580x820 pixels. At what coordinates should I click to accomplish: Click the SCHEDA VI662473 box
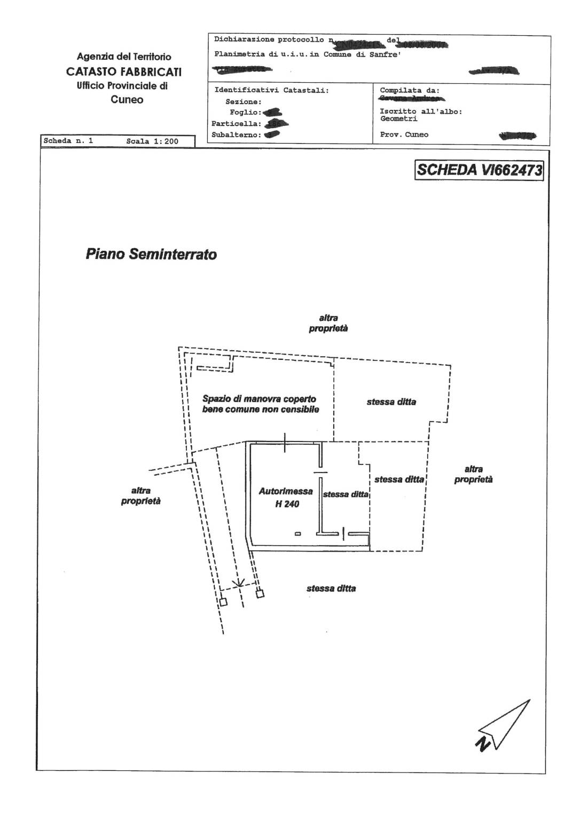point(479,170)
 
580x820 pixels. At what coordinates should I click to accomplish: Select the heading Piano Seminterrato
point(151,254)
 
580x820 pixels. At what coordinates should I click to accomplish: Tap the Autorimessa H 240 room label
point(286,497)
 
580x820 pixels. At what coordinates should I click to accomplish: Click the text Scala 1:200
point(152,141)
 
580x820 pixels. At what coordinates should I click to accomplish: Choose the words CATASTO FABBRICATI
point(124,72)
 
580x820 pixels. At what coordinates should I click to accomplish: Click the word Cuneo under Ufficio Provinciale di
point(127,99)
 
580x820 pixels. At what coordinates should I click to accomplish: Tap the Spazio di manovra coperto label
point(260,399)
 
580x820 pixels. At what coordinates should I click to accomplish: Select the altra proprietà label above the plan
point(328,324)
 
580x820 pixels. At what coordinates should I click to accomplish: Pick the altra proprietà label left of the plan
point(140,496)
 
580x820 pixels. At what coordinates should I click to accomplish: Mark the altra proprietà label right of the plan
point(473,475)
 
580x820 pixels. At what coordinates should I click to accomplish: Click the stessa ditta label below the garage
point(331,588)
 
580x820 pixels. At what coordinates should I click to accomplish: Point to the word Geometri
point(399,119)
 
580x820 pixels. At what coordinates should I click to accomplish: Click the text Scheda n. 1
point(68,141)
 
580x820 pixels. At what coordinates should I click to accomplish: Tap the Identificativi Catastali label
point(271,91)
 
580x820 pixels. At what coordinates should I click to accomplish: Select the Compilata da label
point(410,91)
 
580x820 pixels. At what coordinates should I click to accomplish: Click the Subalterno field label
point(236,135)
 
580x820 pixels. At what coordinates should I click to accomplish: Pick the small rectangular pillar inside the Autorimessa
point(298,533)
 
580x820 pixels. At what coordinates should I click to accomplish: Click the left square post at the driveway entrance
point(223,602)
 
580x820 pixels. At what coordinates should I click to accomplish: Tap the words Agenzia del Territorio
point(124,57)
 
